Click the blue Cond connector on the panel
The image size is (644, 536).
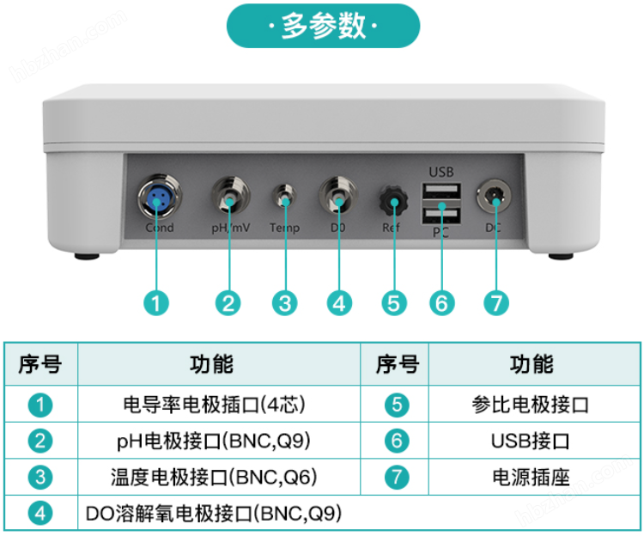pyautogui.click(x=157, y=198)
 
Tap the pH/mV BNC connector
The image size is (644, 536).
pyautogui.click(x=229, y=198)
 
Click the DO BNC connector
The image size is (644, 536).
pyautogui.click(x=338, y=198)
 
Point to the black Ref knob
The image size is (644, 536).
pyautogui.click(x=393, y=203)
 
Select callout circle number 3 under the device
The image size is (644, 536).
pyautogui.click(x=284, y=302)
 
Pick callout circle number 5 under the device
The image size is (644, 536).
pyautogui.click(x=393, y=302)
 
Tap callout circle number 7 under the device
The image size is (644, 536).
pyautogui.click(x=495, y=302)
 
